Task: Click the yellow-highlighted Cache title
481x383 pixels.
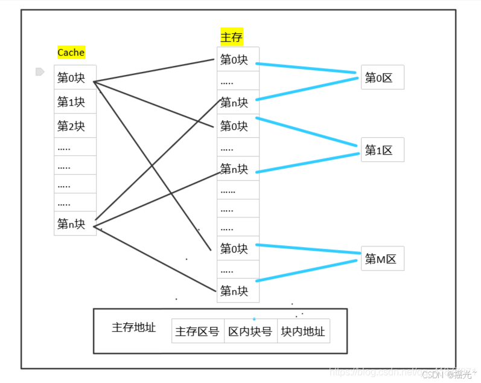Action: coord(71,53)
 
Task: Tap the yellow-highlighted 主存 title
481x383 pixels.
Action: coord(232,37)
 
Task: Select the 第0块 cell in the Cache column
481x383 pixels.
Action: coord(72,78)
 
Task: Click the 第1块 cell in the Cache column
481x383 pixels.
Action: coord(72,102)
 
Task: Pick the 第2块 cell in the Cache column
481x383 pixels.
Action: coord(72,126)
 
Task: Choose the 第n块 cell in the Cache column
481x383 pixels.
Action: coord(72,225)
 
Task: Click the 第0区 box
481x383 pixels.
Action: coord(382,78)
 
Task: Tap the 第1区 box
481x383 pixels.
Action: coord(382,150)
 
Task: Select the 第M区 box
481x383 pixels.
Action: coord(382,259)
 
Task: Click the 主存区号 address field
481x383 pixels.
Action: coord(197,332)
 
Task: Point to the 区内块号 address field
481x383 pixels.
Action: coord(250,332)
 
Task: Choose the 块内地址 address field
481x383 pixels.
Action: coord(303,332)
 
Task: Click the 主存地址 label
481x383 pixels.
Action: coord(134,327)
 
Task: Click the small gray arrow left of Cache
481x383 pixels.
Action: coord(40,72)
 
